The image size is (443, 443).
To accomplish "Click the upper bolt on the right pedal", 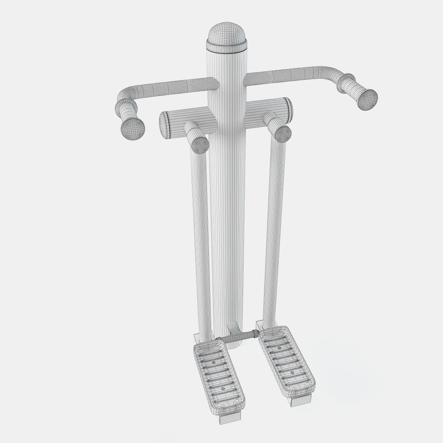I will pos(280,337).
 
